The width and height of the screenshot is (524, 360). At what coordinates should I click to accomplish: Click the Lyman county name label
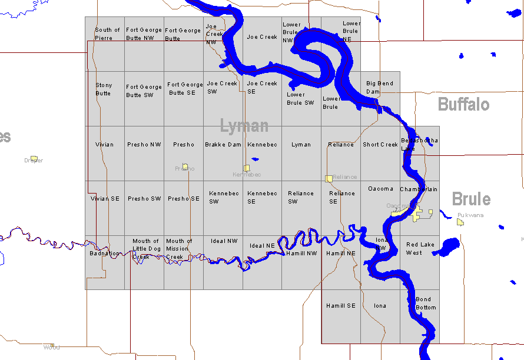(x=244, y=126)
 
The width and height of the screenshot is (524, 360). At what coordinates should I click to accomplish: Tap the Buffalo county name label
(x=463, y=105)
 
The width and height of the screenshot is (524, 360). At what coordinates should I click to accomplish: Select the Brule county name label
(x=471, y=199)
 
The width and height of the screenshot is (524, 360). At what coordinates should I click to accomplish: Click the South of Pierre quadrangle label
(x=107, y=34)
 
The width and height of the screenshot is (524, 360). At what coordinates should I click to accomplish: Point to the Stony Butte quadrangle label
(x=104, y=89)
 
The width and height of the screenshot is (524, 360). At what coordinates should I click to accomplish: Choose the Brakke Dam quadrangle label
(x=223, y=145)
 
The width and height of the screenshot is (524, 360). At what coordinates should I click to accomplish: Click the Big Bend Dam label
(x=380, y=88)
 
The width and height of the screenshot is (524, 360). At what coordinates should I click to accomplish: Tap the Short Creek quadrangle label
(x=380, y=145)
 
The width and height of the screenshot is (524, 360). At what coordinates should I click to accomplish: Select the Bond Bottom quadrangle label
(x=426, y=304)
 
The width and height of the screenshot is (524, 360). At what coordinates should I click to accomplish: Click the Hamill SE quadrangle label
(x=341, y=306)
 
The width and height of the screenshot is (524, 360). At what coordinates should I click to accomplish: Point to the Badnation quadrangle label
(x=105, y=254)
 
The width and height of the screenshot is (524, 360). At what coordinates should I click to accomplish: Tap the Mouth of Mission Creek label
(x=179, y=249)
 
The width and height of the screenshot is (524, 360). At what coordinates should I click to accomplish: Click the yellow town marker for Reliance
(x=329, y=178)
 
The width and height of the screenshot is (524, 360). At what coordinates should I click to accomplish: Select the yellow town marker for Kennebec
(x=247, y=168)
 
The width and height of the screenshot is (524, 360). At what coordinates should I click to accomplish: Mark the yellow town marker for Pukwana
(x=460, y=222)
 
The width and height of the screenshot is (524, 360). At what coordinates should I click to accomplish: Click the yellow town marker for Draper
(x=34, y=158)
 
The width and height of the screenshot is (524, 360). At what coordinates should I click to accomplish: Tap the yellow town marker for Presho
(x=185, y=166)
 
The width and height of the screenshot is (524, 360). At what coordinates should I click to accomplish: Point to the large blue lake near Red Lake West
(x=448, y=246)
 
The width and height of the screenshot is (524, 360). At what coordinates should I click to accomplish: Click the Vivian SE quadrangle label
(x=105, y=199)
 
